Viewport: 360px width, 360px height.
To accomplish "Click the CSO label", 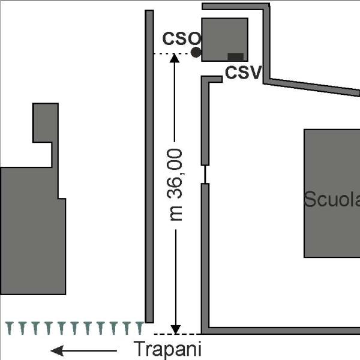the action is (181, 38).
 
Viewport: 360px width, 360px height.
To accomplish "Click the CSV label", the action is (243, 72).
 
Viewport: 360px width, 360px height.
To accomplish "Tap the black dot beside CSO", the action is (196, 52).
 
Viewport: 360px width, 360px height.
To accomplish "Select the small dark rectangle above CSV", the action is (235, 57).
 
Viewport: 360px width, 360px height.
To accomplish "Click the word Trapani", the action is (167, 349).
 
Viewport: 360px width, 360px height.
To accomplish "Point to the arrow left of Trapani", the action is (83, 350).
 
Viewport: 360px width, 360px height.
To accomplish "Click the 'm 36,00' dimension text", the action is (175, 185).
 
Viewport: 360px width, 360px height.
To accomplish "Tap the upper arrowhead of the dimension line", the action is (175, 58).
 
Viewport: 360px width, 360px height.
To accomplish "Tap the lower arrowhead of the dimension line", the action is (176, 329).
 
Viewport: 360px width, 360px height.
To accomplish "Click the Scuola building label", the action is (332, 199).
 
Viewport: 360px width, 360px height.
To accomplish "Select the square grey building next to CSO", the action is (225, 40).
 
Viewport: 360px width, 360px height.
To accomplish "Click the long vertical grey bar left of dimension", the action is (149, 166).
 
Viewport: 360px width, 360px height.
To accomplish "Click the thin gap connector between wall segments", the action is (205, 174).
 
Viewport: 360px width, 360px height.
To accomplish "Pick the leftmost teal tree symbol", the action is (10, 328).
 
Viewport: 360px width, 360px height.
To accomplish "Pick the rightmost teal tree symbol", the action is (140, 328).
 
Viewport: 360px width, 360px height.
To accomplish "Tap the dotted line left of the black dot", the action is (172, 53).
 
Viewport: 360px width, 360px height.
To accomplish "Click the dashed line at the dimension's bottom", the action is (177, 334).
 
